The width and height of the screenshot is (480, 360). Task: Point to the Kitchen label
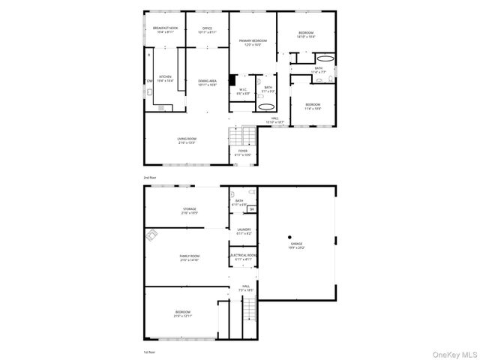click(x=164, y=78)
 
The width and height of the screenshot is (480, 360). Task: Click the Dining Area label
click(x=207, y=82)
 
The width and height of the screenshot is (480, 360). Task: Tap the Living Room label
click(x=187, y=140)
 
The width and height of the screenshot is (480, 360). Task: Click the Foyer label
click(x=243, y=153)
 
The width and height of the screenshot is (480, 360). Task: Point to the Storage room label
click(x=189, y=211)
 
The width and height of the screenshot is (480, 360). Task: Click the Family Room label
click(x=189, y=258)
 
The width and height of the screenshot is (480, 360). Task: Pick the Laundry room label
click(x=244, y=231)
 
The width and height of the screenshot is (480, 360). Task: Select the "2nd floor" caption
click(x=150, y=177)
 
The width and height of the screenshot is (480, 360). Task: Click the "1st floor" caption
click(x=150, y=351)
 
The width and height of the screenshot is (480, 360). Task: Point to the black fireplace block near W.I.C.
click(x=232, y=79)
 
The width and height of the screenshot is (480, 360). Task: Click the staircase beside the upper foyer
click(x=238, y=136)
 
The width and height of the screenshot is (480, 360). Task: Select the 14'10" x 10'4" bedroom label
click(x=305, y=34)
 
